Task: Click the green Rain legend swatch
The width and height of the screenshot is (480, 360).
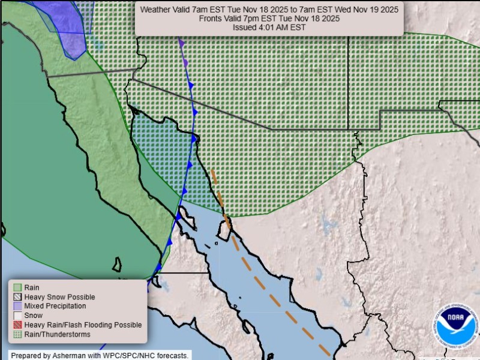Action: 17,287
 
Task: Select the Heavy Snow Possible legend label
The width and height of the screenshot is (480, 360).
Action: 59,297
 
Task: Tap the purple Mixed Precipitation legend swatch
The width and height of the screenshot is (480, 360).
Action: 17,306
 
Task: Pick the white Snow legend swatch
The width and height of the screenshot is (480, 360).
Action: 17,316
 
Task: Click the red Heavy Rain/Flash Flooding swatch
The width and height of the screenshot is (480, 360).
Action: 17,325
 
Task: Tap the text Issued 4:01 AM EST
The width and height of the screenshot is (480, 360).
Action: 269,27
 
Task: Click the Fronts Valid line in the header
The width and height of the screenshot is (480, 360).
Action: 269,18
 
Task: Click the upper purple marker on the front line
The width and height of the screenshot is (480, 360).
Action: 181,43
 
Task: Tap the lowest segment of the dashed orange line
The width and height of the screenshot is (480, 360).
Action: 323,349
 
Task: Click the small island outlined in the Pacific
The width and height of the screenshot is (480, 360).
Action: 118,265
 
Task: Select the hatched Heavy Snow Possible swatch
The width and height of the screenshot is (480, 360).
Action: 17,297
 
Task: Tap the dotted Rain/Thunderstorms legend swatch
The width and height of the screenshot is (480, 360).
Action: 17,334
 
